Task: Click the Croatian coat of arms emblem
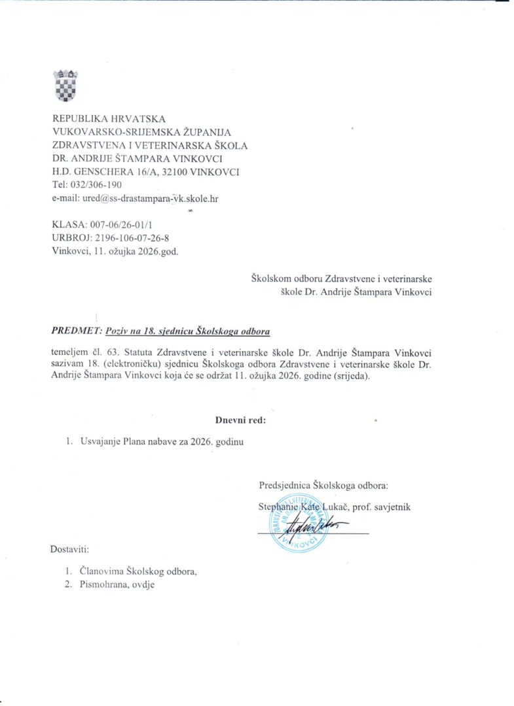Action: click(66, 84)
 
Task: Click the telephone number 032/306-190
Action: click(97, 185)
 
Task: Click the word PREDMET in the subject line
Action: click(74, 331)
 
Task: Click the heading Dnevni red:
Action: click(241, 420)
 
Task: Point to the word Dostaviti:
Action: click(70, 549)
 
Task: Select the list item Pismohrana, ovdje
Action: click(117, 585)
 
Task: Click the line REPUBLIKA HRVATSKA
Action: click(109, 119)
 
